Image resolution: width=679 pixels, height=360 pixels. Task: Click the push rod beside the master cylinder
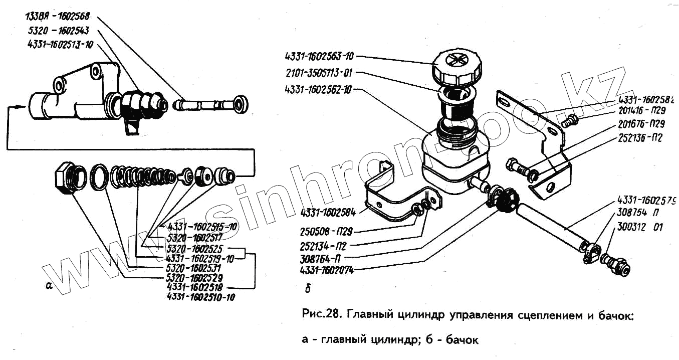coord(210,105)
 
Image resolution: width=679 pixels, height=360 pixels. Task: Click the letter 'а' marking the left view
coord(49,286)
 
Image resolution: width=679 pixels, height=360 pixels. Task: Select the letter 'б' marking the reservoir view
coord(307,288)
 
